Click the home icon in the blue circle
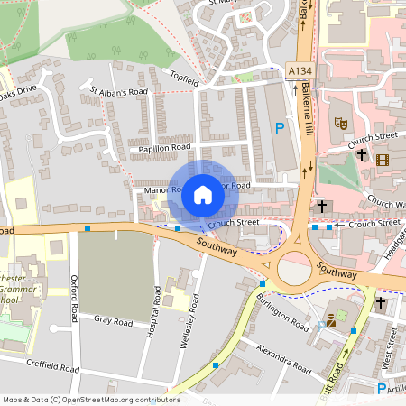point(202,194)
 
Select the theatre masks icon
point(341,122)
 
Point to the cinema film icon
point(383,160)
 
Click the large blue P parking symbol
point(279,128)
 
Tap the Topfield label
point(185,80)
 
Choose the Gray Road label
point(114,321)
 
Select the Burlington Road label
point(281,309)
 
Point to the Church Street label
point(374,136)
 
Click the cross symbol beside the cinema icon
point(361,155)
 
